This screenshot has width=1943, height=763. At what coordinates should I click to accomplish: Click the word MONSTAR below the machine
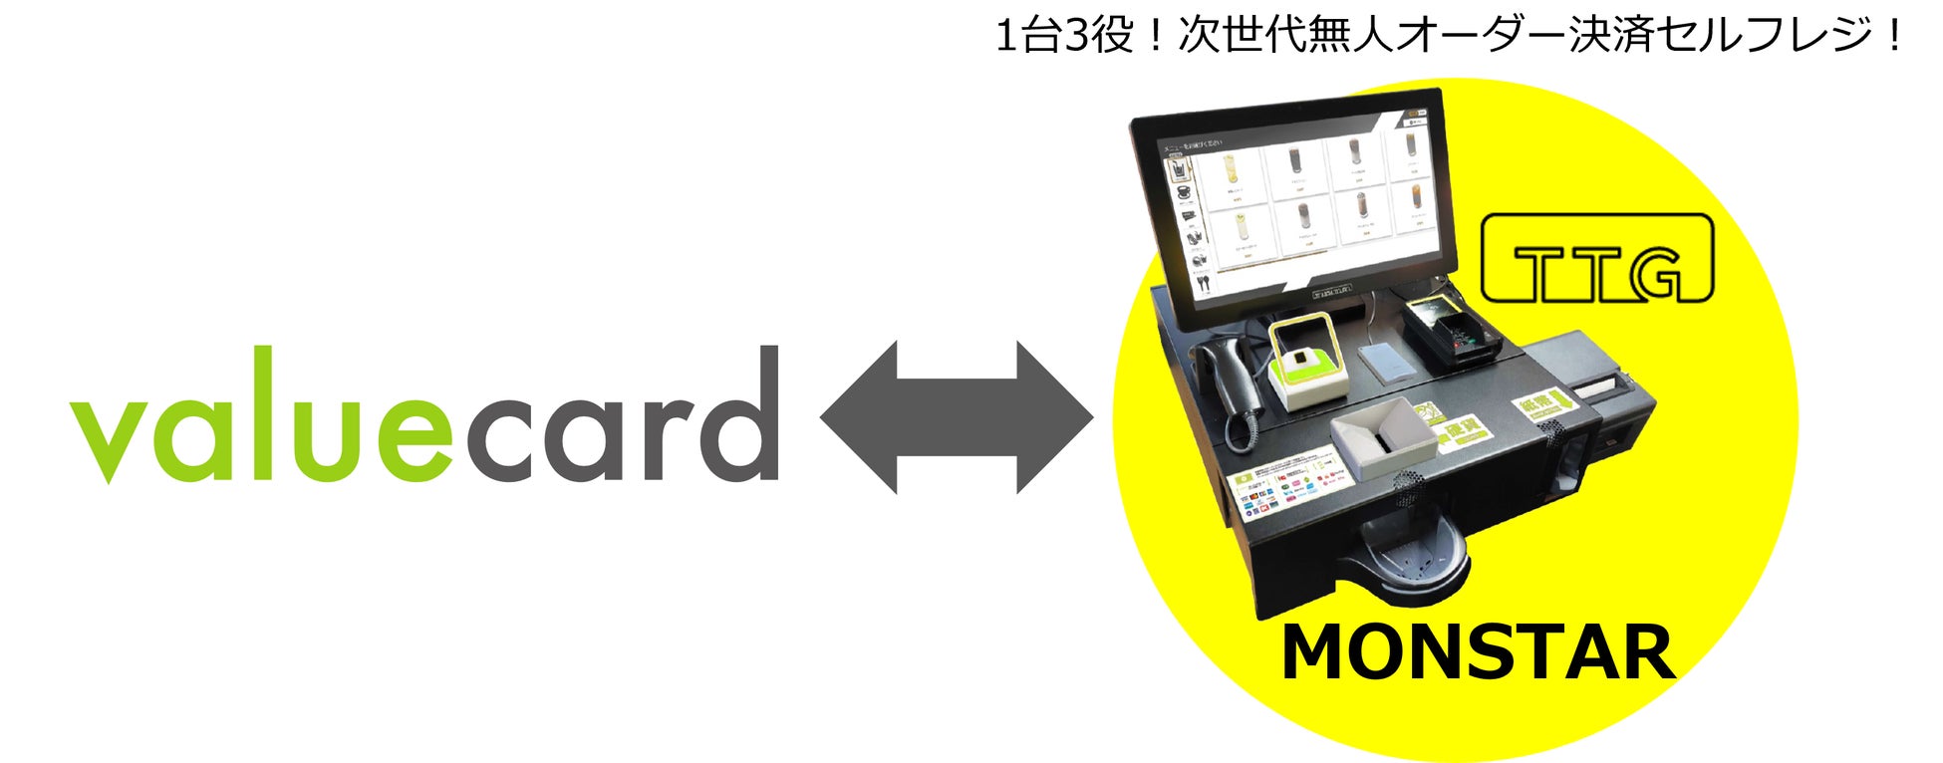(x=1477, y=653)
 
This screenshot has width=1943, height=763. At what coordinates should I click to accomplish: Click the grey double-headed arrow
(x=956, y=417)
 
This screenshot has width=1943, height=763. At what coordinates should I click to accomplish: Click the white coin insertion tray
(x=1383, y=433)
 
